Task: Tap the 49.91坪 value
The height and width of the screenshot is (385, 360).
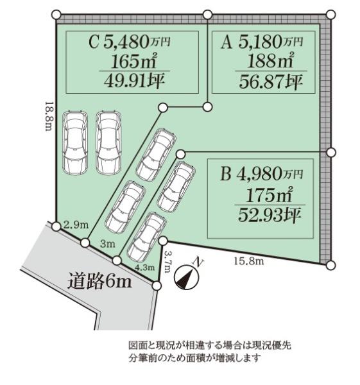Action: point(130,81)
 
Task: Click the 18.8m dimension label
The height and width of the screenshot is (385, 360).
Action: point(47,116)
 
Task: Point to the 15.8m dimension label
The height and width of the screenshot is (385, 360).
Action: point(248,259)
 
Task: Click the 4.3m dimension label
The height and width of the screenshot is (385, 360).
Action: point(144,267)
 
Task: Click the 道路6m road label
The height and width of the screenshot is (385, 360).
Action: point(99,281)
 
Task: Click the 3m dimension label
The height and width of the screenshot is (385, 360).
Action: point(107,244)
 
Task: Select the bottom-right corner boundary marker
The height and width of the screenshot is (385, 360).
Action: point(330,264)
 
